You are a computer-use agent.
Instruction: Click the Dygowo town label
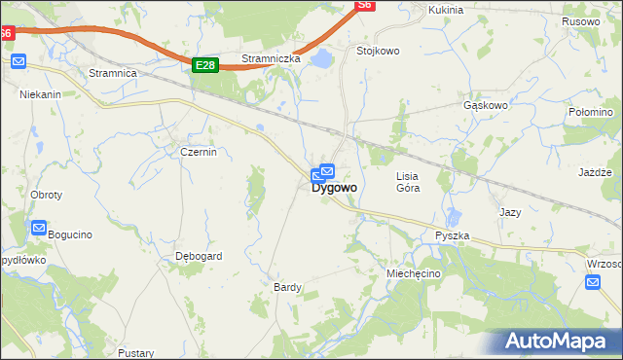pos(334,188)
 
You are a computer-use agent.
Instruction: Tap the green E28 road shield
pos(203,65)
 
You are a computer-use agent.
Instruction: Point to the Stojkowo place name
pos(379,51)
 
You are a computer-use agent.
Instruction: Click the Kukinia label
pos(446,10)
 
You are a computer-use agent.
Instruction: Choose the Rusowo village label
pos(581,21)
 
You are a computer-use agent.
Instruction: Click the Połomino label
pos(589,113)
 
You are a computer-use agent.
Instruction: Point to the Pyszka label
pos(453,236)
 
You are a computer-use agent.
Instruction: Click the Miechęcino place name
pos(414,274)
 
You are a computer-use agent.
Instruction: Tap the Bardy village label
pos(287,287)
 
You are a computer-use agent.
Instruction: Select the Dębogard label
pos(199,257)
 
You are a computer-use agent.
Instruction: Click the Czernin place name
pos(198,152)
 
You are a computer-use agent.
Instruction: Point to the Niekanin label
pos(40,95)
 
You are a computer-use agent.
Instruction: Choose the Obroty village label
pos(46,195)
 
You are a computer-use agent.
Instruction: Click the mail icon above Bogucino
pos(39,229)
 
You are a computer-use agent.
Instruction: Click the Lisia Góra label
pos(408,182)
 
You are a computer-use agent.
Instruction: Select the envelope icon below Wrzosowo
pos(594,282)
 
